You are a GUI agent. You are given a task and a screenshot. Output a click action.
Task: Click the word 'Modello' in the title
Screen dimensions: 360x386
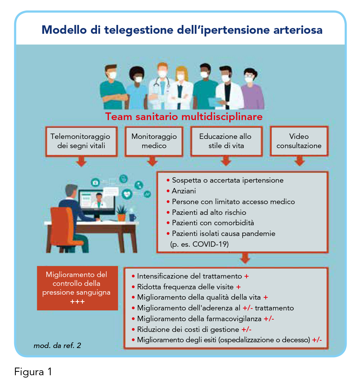[64, 30]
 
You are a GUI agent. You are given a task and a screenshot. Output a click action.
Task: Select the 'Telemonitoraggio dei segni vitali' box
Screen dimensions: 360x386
[81, 141]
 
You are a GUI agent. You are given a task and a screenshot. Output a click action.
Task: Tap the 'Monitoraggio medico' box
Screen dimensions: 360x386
[154, 141]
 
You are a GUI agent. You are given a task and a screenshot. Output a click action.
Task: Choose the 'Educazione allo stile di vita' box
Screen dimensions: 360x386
[226, 141]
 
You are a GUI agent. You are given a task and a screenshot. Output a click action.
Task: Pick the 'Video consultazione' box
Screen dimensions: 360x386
[299, 141]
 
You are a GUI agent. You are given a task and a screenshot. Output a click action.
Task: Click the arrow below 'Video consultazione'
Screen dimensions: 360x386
[299, 161]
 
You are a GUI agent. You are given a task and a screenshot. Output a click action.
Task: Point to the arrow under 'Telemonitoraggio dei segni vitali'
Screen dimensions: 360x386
[81, 161]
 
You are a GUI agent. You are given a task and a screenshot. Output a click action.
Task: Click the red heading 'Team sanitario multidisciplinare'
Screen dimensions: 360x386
[184, 116]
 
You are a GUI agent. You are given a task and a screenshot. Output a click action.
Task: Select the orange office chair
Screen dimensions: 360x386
[65, 229]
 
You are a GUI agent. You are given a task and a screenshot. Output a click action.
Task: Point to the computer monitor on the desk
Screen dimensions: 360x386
[97, 202]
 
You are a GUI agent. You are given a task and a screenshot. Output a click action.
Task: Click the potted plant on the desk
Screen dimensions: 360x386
[122, 213]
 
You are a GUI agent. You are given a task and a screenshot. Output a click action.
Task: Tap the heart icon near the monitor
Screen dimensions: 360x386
[127, 194]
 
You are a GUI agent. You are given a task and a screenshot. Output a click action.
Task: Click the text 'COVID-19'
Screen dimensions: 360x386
[210, 244]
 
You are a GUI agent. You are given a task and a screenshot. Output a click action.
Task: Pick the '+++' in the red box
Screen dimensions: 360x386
[77, 302]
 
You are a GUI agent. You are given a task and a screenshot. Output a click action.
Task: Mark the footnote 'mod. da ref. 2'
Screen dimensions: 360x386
[57, 346]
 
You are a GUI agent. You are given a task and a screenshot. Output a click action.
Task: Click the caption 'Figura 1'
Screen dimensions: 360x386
[33, 372]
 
